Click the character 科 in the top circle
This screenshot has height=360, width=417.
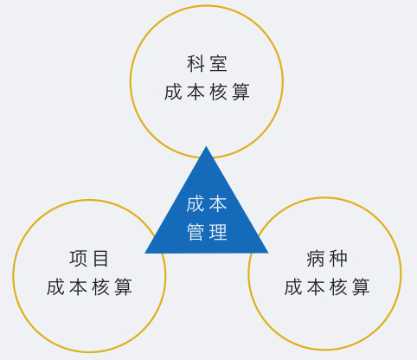[196, 63]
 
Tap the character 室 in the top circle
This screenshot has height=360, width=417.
[218, 63]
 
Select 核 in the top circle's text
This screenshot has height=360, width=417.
[218, 92]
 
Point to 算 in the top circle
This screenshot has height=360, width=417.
[241, 92]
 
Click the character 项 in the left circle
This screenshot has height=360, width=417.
[78, 259]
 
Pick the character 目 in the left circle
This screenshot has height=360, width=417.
[100, 259]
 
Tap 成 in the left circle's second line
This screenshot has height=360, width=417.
[55, 286]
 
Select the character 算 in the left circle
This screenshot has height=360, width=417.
[124, 286]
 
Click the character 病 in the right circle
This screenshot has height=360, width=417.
[316, 259]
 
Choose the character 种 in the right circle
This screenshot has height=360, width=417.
[338, 259]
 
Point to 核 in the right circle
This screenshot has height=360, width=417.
[338, 286]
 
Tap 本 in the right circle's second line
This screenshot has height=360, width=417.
[316, 286]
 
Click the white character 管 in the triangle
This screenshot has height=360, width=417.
[196, 231]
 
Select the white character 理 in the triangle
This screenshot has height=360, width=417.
[218, 231]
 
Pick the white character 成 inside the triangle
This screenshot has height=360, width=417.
[196, 204]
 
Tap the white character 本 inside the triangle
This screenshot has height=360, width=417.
[218, 204]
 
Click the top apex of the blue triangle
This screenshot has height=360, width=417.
[206, 146]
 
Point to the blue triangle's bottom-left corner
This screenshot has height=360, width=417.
[144, 253]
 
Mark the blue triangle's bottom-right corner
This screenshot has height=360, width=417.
[268, 253]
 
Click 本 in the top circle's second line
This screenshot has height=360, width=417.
[196, 92]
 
